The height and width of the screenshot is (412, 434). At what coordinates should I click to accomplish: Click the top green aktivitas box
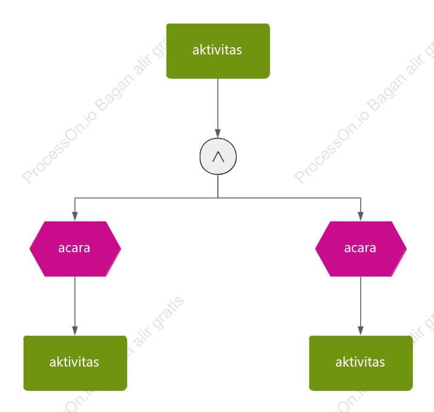coord(218,51)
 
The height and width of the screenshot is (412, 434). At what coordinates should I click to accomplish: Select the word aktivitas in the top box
coord(217,50)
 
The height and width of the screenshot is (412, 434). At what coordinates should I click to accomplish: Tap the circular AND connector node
coord(218,156)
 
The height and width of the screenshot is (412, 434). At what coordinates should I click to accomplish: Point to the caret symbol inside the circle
coord(218,157)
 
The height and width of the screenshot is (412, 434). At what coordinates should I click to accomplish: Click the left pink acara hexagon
coord(75,249)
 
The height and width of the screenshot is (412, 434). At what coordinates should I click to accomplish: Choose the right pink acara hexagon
coord(361,249)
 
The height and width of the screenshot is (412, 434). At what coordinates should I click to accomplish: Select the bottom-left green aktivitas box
coord(75,363)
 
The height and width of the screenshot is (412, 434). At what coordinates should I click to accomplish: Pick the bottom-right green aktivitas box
coord(361,363)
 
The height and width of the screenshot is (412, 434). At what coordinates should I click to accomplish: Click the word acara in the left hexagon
coord(74,248)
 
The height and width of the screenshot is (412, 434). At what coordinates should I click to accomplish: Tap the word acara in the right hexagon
coord(360,248)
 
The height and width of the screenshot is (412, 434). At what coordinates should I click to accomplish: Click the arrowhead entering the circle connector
coord(218,133)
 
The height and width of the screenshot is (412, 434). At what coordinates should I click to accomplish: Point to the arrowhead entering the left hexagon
coord(74,217)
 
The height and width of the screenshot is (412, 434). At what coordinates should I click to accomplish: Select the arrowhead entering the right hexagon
coord(360,217)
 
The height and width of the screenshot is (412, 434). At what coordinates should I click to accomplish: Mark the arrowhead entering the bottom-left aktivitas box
coord(74,331)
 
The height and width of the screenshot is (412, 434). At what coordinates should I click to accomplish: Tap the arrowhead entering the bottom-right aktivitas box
coord(360,331)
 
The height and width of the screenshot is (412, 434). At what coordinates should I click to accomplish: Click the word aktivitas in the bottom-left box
coord(74,362)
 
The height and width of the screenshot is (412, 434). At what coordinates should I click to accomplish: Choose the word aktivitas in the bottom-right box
coord(360,362)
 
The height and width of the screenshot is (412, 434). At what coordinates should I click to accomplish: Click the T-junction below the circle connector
coord(218,198)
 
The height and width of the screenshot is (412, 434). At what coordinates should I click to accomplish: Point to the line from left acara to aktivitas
coord(74,306)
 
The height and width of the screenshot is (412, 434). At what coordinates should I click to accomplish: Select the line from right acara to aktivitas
coord(360,306)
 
